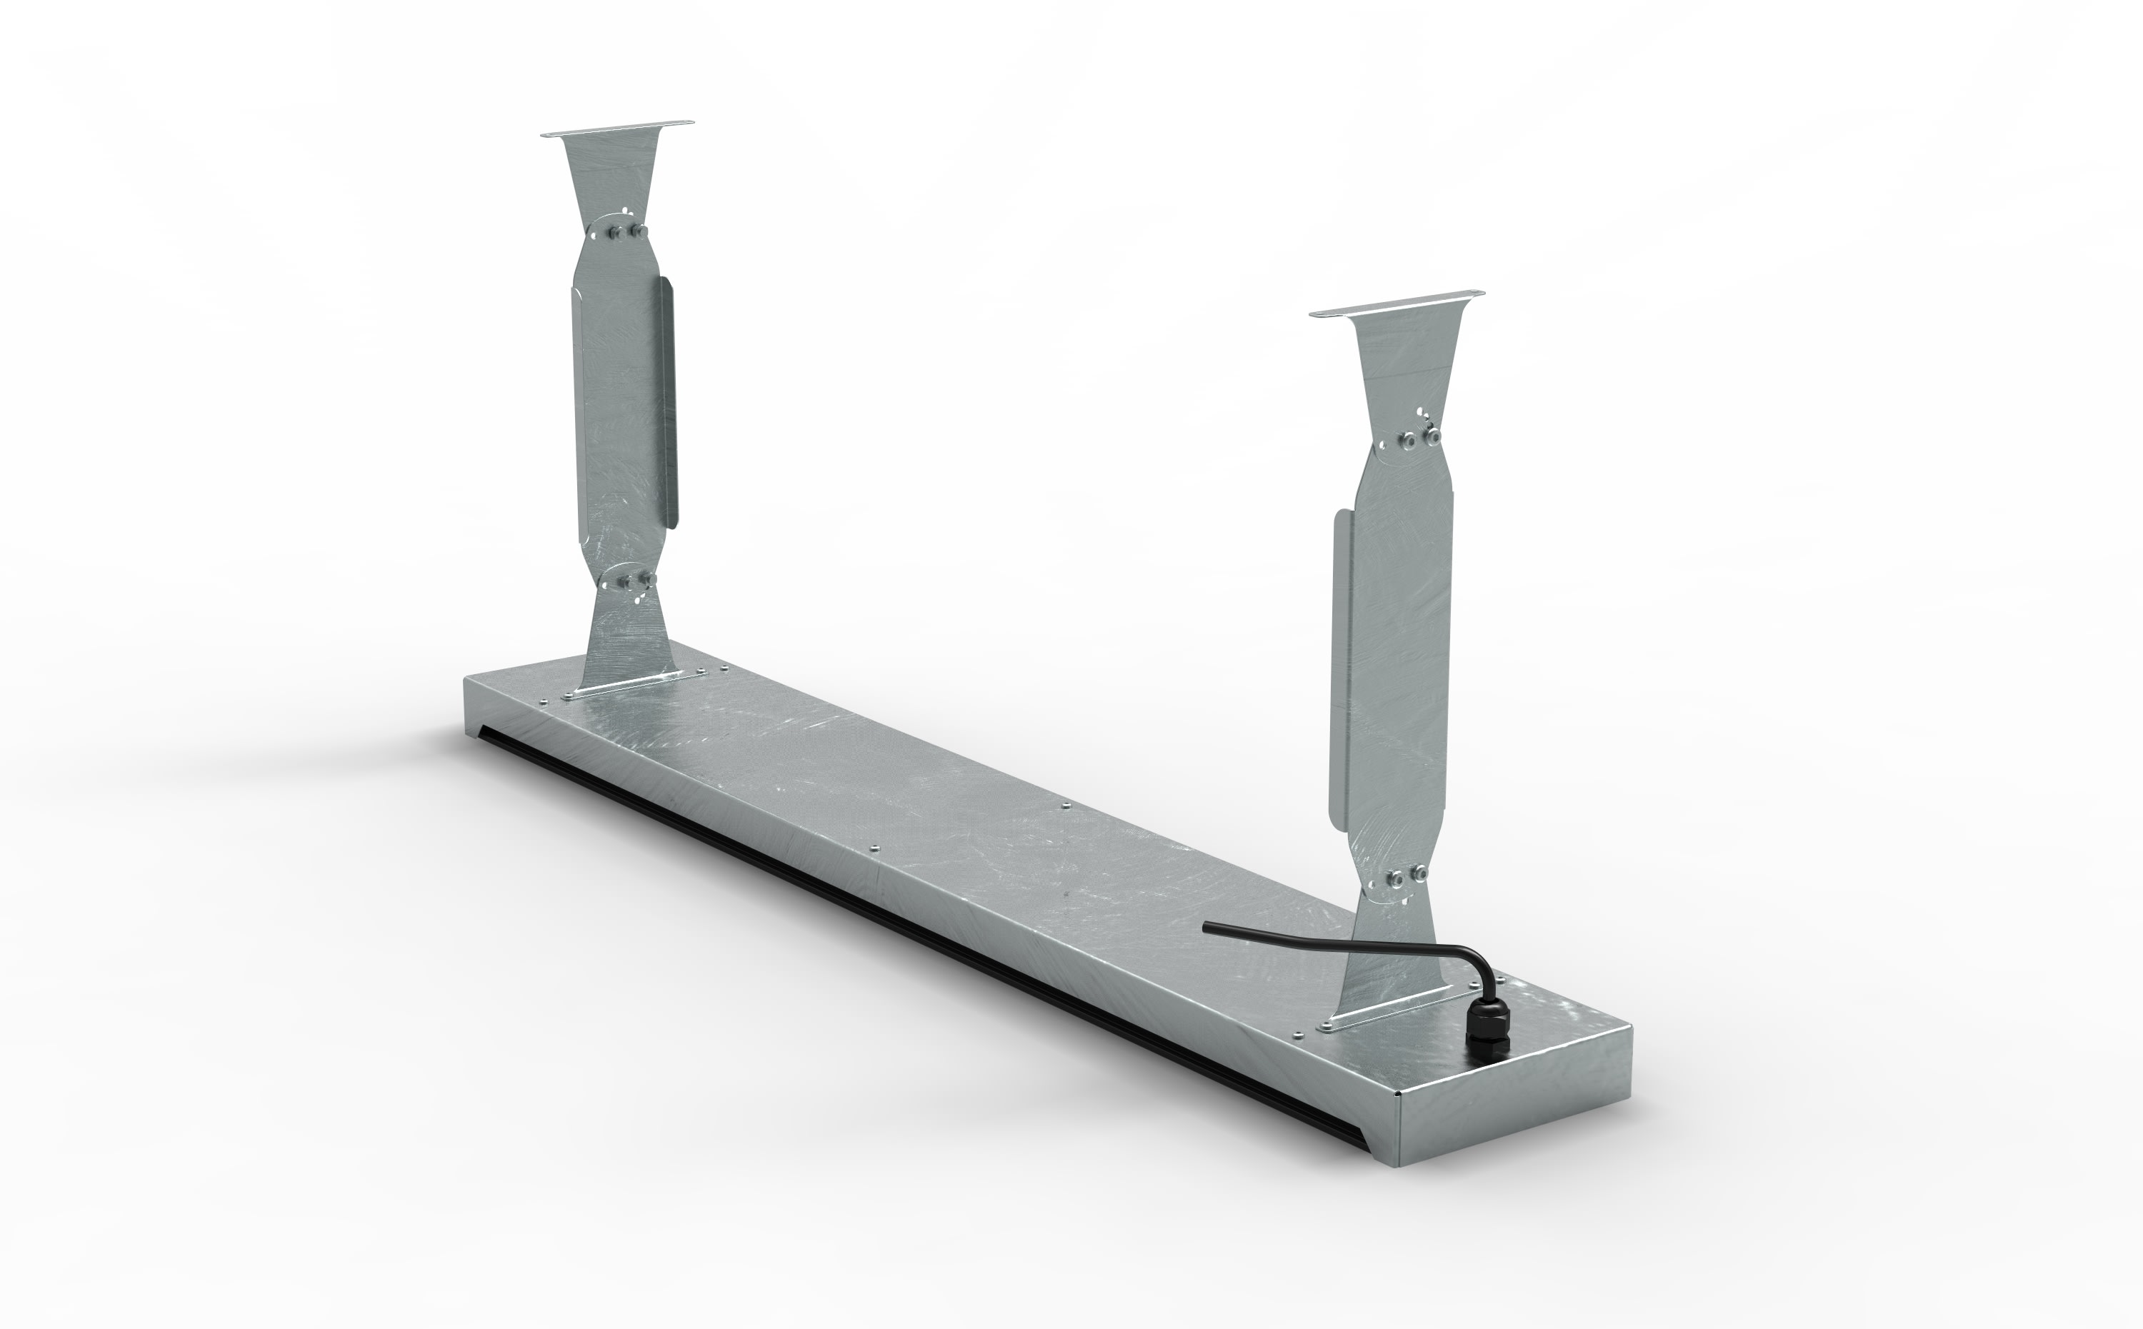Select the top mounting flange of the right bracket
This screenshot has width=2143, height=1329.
(1396, 302)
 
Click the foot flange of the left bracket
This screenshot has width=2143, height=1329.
(626, 685)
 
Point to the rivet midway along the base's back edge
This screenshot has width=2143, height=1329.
(1064, 803)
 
